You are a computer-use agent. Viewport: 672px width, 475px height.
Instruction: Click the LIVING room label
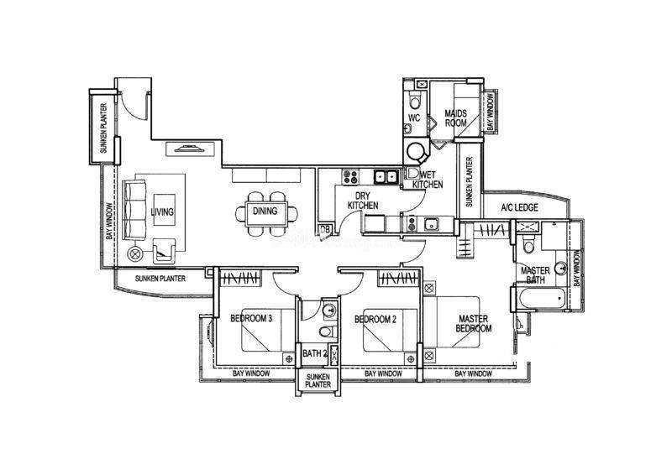pyautogui.click(x=162, y=211)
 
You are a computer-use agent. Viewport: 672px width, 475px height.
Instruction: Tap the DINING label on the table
pyautogui.click(x=265, y=211)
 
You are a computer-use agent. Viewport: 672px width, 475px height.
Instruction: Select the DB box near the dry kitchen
pyautogui.click(x=325, y=230)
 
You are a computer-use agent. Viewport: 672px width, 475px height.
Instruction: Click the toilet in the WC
pyautogui.click(x=415, y=102)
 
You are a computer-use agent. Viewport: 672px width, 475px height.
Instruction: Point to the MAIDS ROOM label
pyautogui.click(x=455, y=118)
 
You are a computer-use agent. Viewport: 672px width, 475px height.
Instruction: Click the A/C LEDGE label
pyautogui.click(x=519, y=208)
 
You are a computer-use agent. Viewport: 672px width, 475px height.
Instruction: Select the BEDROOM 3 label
pyautogui.click(x=251, y=318)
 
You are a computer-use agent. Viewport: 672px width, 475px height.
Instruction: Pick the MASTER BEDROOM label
pyautogui.click(x=473, y=324)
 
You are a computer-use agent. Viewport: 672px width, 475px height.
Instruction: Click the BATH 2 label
pyautogui.click(x=315, y=354)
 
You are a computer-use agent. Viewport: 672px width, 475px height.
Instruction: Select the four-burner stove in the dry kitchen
pyautogui.click(x=350, y=177)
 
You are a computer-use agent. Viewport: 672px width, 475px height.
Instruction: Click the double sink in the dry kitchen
pyautogui.click(x=386, y=176)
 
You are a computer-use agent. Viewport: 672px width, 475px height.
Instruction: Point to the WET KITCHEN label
pyautogui.click(x=428, y=180)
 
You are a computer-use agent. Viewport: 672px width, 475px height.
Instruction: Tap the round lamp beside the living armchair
pyautogui.click(x=134, y=253)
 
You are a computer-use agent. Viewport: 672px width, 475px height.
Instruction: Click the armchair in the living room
pyautogui.click(x=164, y=251)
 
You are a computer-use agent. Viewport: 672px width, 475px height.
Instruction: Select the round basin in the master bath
pyautogui.click(x=561, y=268)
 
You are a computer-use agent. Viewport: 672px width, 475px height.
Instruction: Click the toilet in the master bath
pyautogui.click(x=529, y=244)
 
